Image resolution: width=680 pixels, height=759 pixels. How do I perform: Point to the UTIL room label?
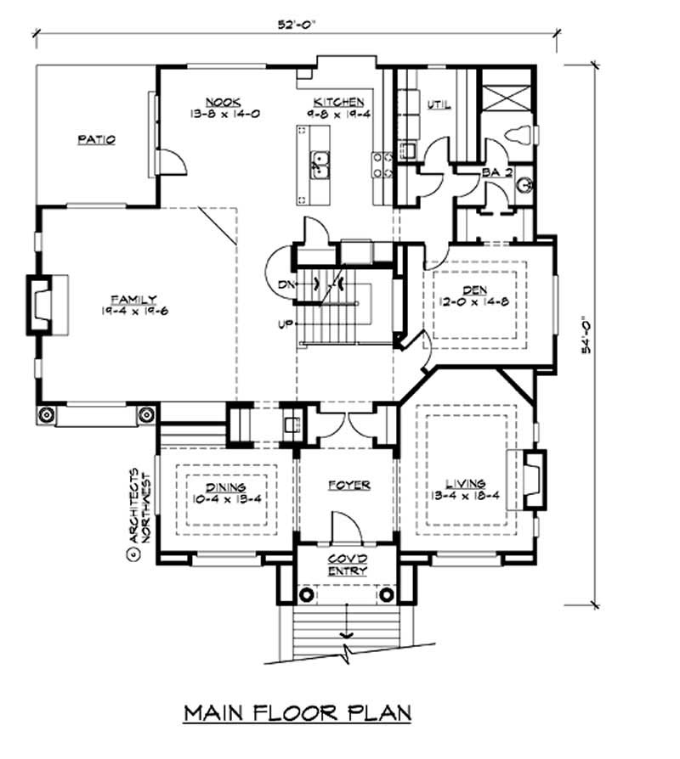point(439,105)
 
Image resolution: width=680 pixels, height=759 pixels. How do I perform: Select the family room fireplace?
point(41,303)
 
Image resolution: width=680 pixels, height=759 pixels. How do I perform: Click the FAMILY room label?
point(133,299)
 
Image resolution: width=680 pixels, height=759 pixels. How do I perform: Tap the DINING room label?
point(225,487)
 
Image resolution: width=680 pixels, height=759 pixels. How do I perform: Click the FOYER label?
point(348,485)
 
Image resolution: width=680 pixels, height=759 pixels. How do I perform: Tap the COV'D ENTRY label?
point(347,565)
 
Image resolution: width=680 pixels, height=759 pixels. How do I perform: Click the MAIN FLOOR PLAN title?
point(297,711)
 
